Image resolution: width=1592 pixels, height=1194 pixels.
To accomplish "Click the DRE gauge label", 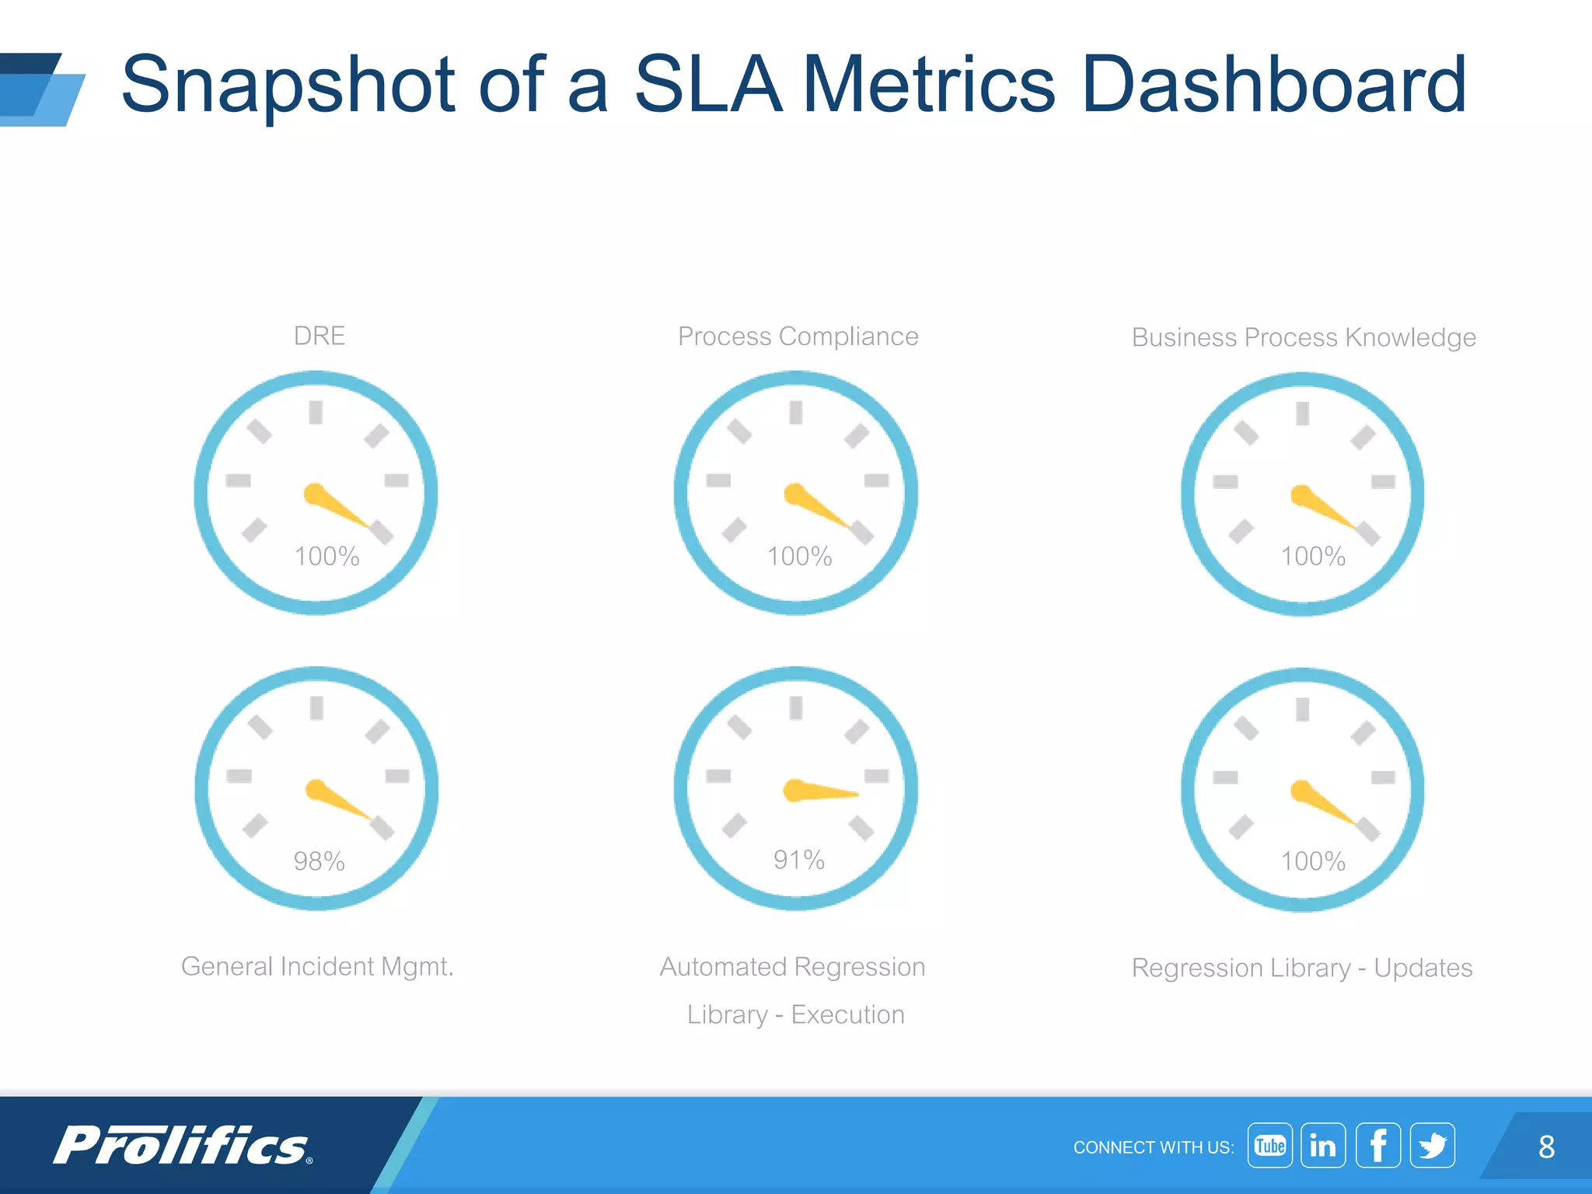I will (319, 336).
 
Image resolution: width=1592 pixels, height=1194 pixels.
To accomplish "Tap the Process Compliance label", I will (798, 337).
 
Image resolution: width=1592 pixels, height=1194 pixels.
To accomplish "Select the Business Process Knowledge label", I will (1304, 337).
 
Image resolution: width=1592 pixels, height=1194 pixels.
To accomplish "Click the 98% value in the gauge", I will (319, 861).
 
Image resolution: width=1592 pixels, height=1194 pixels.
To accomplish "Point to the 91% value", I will (798, 860).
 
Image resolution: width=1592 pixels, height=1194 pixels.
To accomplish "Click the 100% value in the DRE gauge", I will (326, 557).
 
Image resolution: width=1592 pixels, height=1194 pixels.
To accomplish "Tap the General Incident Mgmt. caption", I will (317, 966).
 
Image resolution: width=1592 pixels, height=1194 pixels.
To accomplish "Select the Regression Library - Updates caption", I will (1302, 968).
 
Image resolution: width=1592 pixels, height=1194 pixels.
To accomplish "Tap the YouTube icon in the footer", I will (1269, 1145).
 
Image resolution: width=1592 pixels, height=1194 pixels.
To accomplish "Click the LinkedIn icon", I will (1323, 1145).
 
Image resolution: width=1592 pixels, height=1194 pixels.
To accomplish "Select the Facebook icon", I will (1377, 1145).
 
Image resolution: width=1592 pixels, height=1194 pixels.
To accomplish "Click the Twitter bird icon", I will (1432, 1145).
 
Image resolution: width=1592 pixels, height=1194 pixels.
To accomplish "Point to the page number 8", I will (1546, 1147).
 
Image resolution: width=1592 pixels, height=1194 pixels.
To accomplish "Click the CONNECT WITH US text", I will (1153, 1147).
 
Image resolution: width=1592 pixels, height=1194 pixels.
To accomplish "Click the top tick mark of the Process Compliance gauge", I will (795, 412).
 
